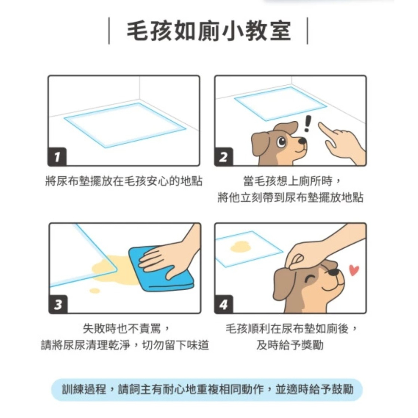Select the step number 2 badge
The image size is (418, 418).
tap(224, 157)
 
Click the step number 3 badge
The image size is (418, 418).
tap(58, 305)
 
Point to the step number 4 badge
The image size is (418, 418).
tap(224, 305)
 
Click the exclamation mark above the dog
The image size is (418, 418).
tap(308, 124)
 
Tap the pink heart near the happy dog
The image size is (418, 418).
tap(354, 270)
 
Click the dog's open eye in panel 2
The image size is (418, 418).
tap(281, 141)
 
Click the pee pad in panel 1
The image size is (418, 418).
tap(124, 125)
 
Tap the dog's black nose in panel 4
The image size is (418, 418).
tap(334, 272)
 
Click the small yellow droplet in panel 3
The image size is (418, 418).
tap(95, 291)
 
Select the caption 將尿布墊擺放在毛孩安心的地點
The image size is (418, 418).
tap(124, 181)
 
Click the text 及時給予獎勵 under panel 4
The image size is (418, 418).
tap(290, 346)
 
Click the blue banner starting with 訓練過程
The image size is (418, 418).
tap(207, 390)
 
